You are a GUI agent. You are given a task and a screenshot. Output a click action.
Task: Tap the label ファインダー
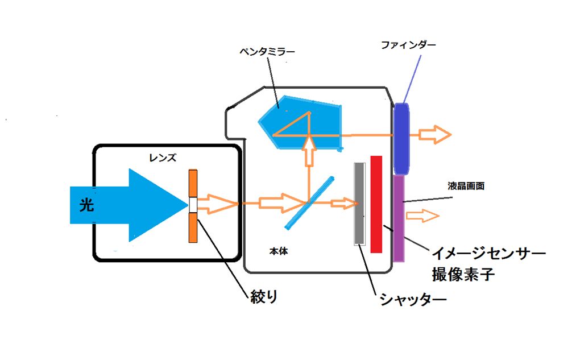click(x=408, y=44)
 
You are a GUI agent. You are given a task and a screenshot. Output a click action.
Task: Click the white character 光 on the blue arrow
click(x=86, y=205)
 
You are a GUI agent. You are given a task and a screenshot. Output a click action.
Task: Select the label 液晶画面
click(x=465, y=186)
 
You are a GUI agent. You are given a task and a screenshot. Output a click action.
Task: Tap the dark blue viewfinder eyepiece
click(x=401, y=138)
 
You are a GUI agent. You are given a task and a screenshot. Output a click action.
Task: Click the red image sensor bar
click(x=376, y=204)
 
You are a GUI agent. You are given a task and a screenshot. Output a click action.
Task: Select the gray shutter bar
click(x=359, y=204)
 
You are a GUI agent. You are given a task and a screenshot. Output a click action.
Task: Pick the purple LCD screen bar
click(x=399, y=218)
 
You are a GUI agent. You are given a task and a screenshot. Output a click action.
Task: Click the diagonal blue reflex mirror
click(x=310, y=202)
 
